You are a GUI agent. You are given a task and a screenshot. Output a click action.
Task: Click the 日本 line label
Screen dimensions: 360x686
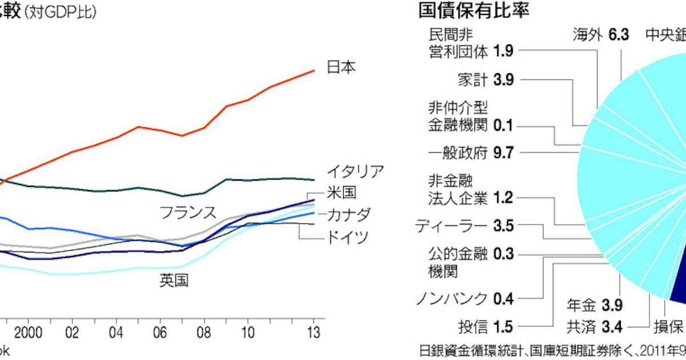pos(341,67)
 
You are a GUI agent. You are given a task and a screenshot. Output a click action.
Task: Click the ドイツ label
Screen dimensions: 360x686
pos(348,237)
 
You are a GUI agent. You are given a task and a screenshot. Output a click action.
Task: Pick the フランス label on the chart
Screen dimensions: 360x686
pos(188,213)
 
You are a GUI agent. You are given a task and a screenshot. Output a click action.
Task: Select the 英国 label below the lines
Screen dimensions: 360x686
pos(174,281)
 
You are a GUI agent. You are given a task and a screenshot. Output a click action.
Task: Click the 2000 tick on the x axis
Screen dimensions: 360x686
pos(29,333)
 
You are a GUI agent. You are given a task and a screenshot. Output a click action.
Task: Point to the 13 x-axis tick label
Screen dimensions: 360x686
pos(313,333)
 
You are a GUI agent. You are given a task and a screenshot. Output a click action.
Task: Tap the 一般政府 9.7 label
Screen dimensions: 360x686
pos(471,153)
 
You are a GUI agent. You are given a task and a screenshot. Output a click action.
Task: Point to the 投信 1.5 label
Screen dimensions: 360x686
pos(486,327)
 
